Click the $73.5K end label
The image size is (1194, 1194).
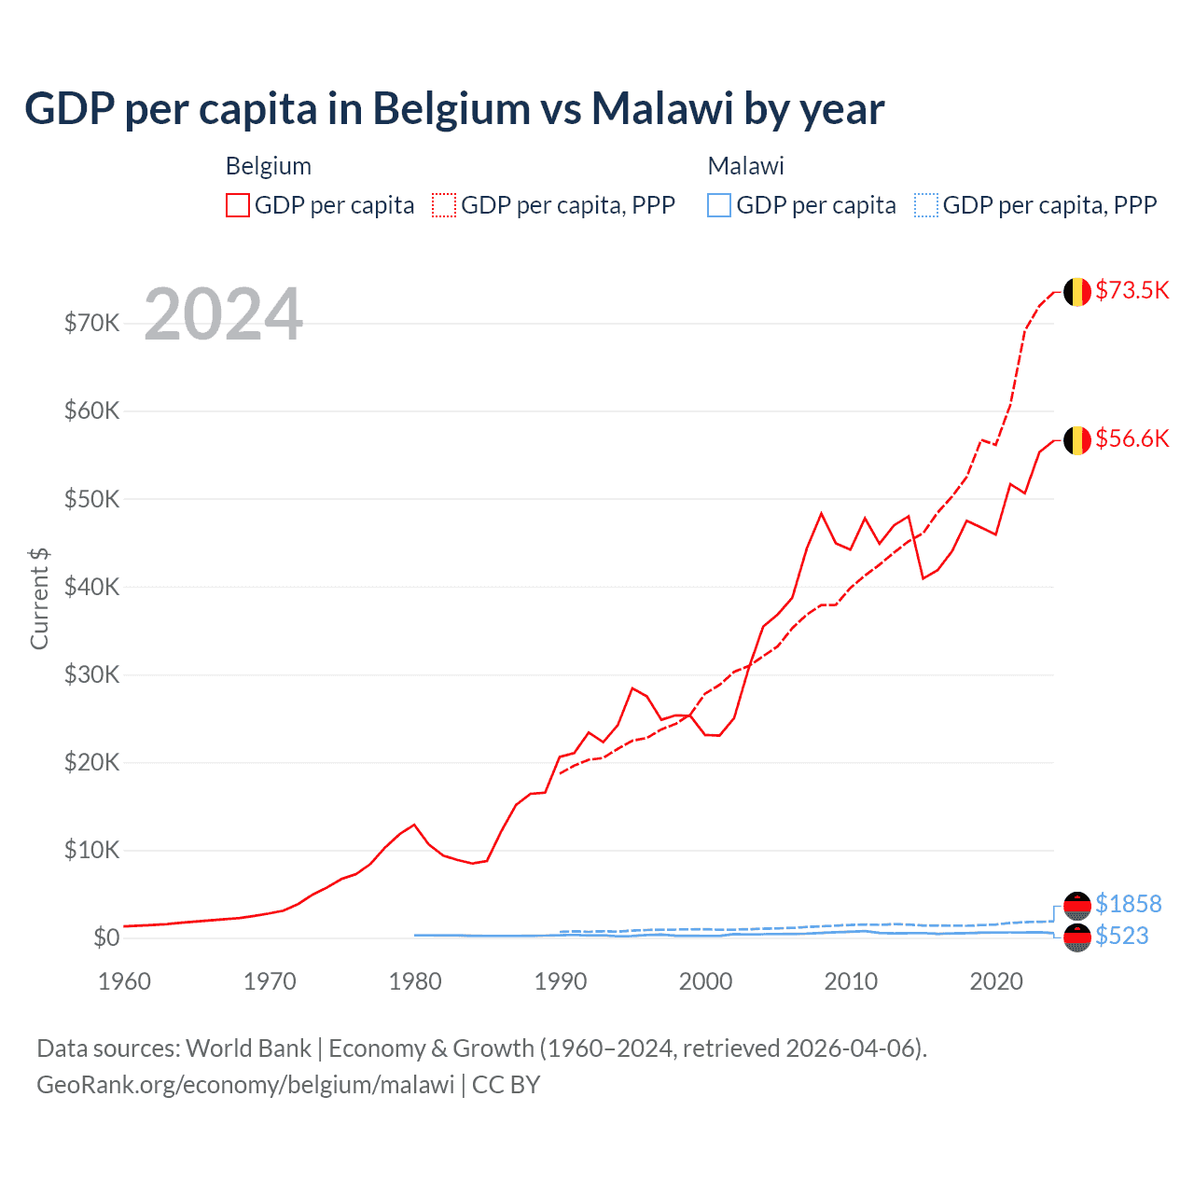coord(1132,290)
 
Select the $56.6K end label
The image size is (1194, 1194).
coord(1132,438)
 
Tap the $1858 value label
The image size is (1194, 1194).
coord(1128,904)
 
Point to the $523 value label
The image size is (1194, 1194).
coord(1121,936)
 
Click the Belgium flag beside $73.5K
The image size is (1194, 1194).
coord(1077,292)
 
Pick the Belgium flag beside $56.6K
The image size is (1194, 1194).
coord(1077,440)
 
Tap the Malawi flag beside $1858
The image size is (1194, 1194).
coord(1077,905)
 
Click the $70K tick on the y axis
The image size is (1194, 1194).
coord(91,324)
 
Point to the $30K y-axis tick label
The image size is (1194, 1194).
coord(91,674)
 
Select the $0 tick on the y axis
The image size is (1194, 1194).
coord(106,937)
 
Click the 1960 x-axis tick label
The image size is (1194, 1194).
coord(124,981)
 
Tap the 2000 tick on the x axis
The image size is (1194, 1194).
coord(705,981)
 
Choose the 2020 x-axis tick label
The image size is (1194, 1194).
coord(996,981)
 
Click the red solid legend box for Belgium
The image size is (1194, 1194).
coord(238,205)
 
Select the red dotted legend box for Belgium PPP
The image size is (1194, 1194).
coord(444,205)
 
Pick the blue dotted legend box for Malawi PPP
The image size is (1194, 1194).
coord(926,205)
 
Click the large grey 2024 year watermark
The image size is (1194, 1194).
coord(224,315)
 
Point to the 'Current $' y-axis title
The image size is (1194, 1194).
coord(39,599)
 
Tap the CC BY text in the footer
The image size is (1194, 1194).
coord(506,1085)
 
